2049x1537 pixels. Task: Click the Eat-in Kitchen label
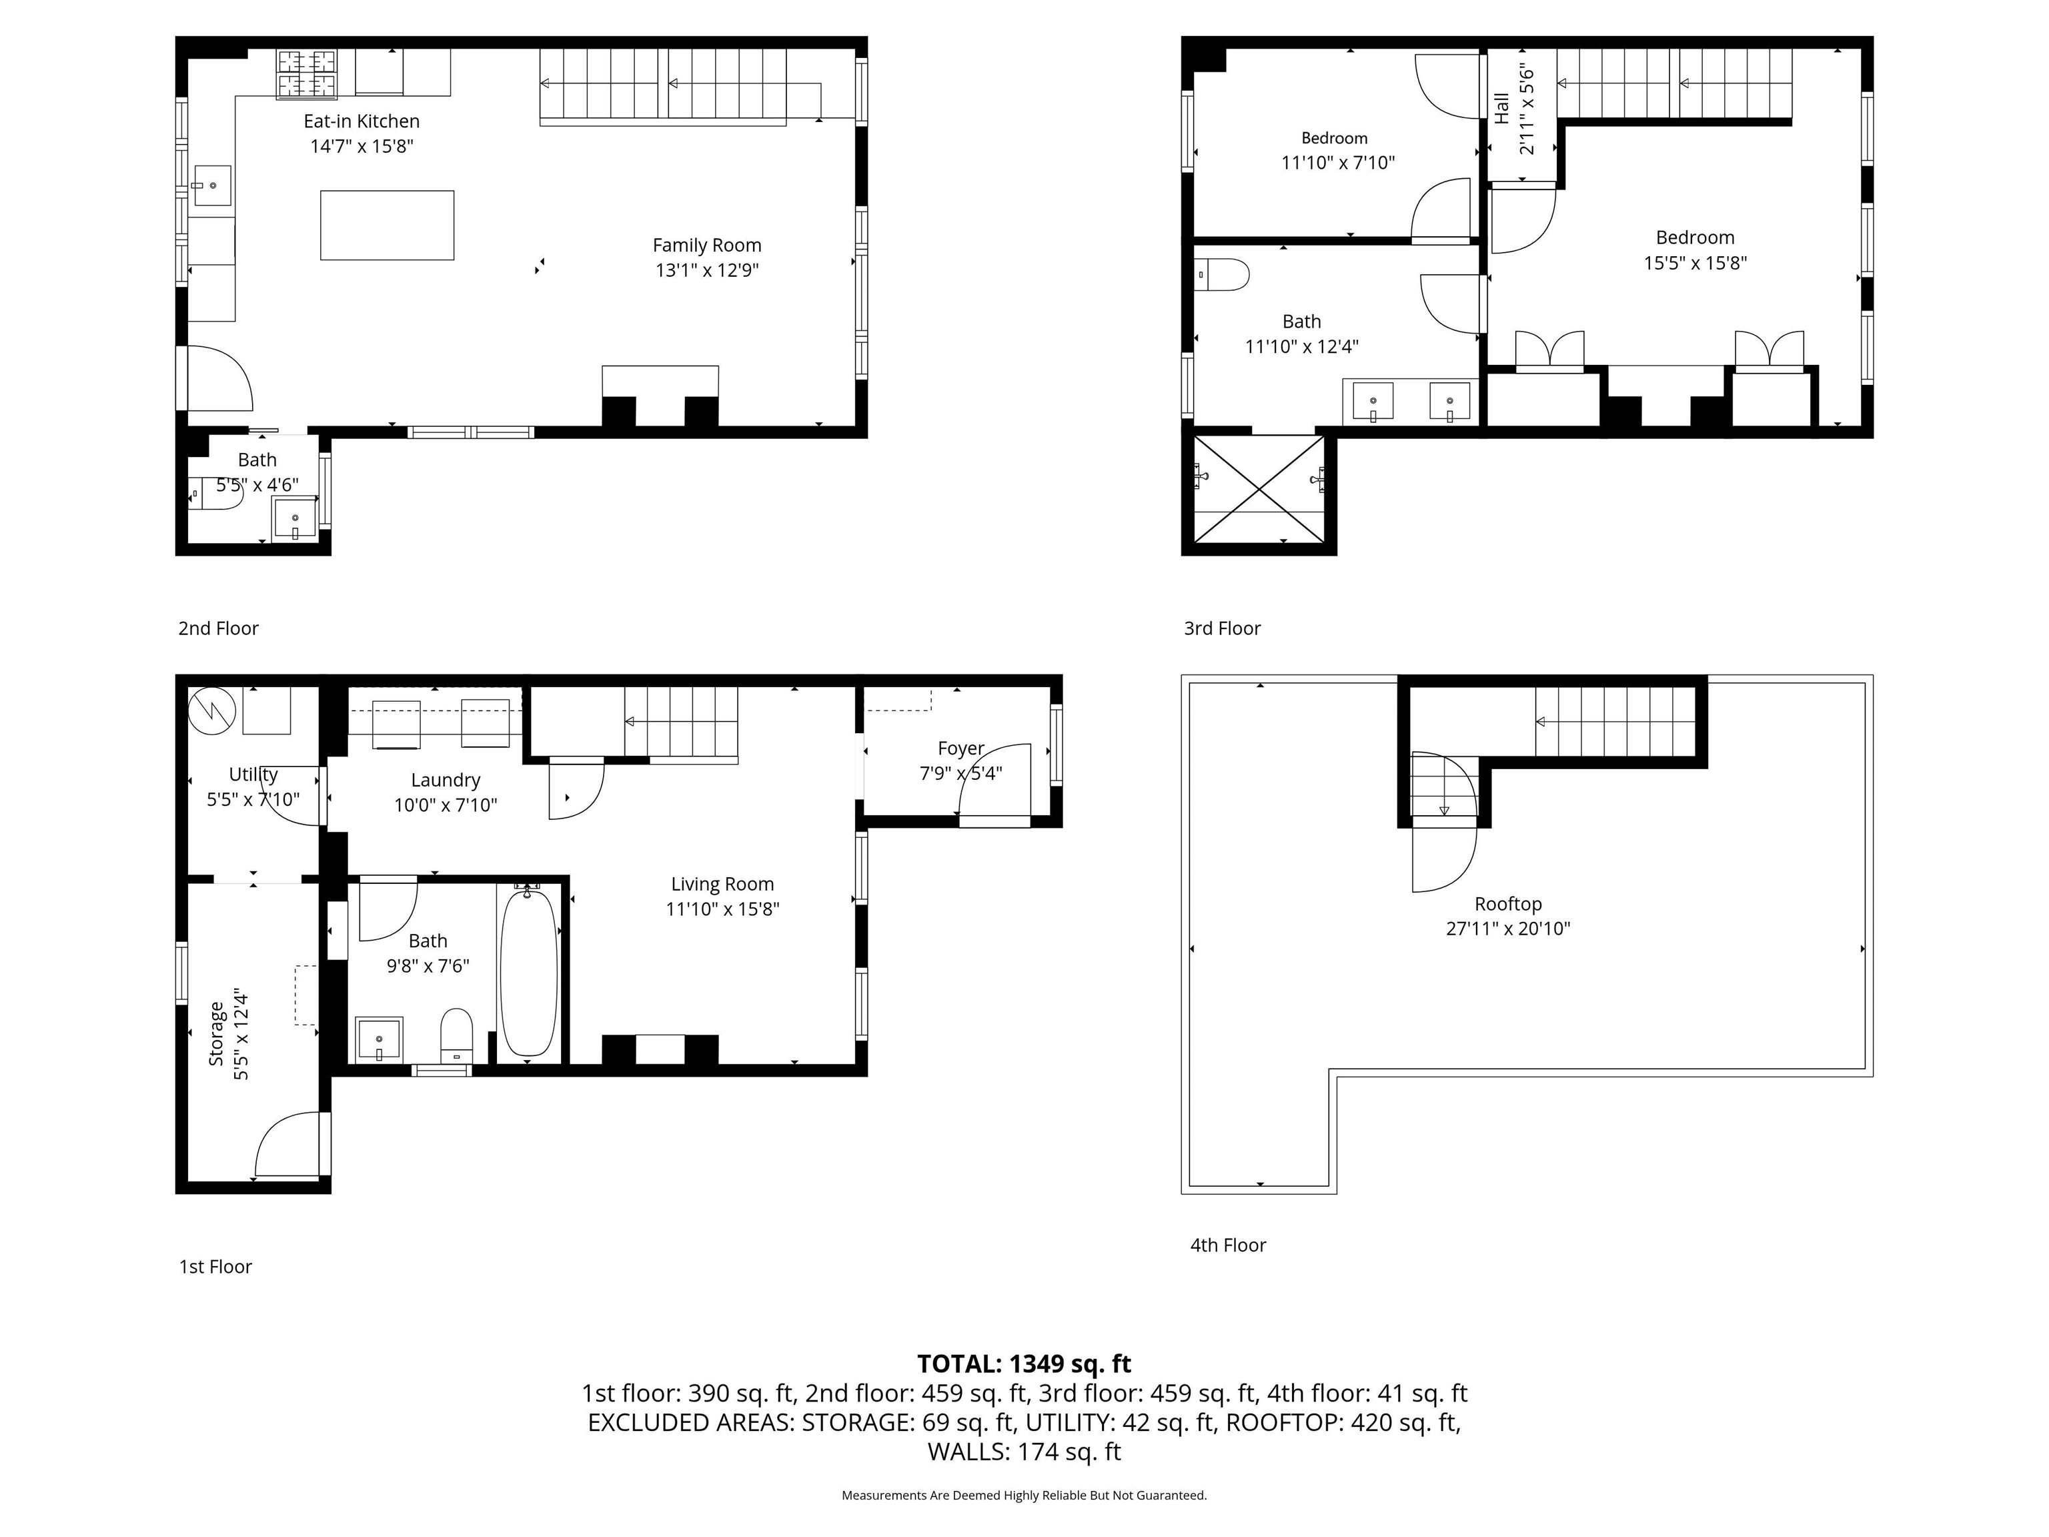(x=362, y=121)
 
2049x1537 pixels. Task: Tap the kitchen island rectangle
(x=388, y=225)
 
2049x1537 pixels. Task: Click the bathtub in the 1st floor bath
(x=529, y=970)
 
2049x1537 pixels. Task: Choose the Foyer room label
(x=960, y=748)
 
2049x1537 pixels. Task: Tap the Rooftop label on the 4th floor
(x=1508, y=904)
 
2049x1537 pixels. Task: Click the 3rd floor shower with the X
(x=1259, y=489)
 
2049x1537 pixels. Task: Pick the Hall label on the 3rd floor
(x=1501, y=108)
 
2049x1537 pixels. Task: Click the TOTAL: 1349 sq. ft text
(x=1024, y=1364)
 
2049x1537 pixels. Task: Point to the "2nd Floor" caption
(x=219, y=628)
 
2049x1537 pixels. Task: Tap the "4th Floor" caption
(x=1229, y=1245)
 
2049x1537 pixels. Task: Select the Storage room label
(x=216, y=1034)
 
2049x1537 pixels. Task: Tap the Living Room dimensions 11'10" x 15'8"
(x=722, y=909)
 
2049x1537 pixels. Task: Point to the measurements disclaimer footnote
(x=1024, y=1496)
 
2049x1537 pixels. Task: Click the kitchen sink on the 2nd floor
(x=212, y=186)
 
